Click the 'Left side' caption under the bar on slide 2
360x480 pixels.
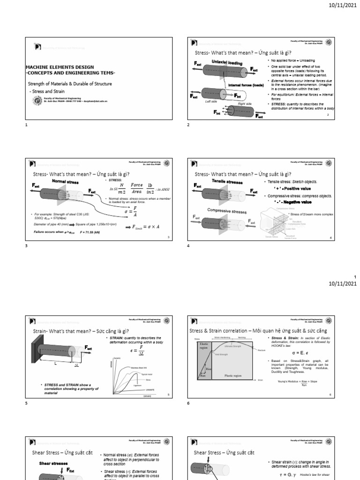[x=211, y=101]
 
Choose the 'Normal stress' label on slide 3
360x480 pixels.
[x=64, y=180]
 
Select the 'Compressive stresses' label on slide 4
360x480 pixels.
[x=224, y=210]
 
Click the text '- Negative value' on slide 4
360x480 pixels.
[x=292, y=202]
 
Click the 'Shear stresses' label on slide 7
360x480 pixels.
[x=53, y=463]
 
